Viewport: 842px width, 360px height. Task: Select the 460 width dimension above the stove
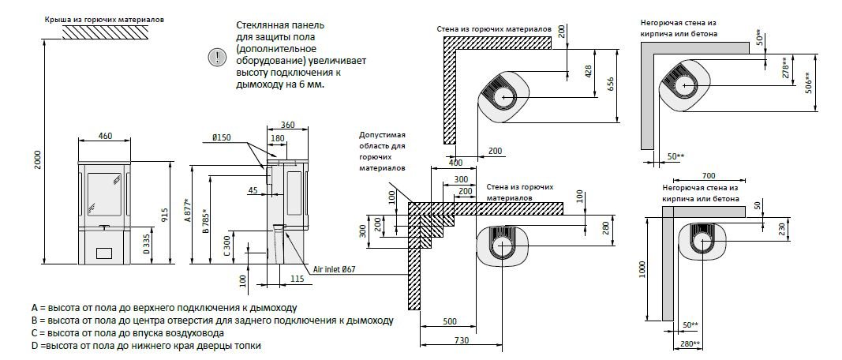pyautogui.click(x=105, y=136)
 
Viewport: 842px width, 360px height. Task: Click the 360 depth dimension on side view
pyautogui.click(x=287, y=125)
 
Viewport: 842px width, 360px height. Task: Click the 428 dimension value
pyautogui.click(x=588, y=71)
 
